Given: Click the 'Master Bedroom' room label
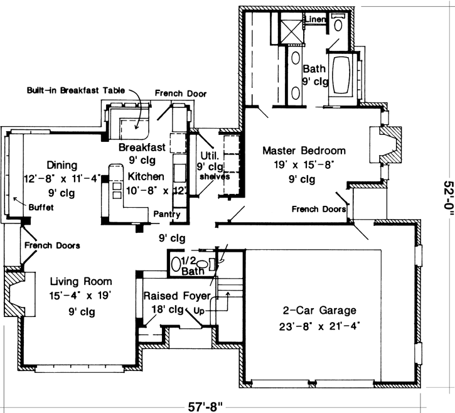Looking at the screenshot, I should click(x=304, y=151).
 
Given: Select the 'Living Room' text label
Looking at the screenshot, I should click(x=82, y=281).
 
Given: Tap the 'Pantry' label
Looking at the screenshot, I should click(x=166, y=215).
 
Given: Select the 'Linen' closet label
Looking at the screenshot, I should click(x=315, y=20).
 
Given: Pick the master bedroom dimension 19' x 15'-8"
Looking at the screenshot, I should click(x=304, y=165).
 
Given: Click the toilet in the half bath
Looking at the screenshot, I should click(x=202, y=264).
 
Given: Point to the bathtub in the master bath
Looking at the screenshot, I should click(x=342, y=77).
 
